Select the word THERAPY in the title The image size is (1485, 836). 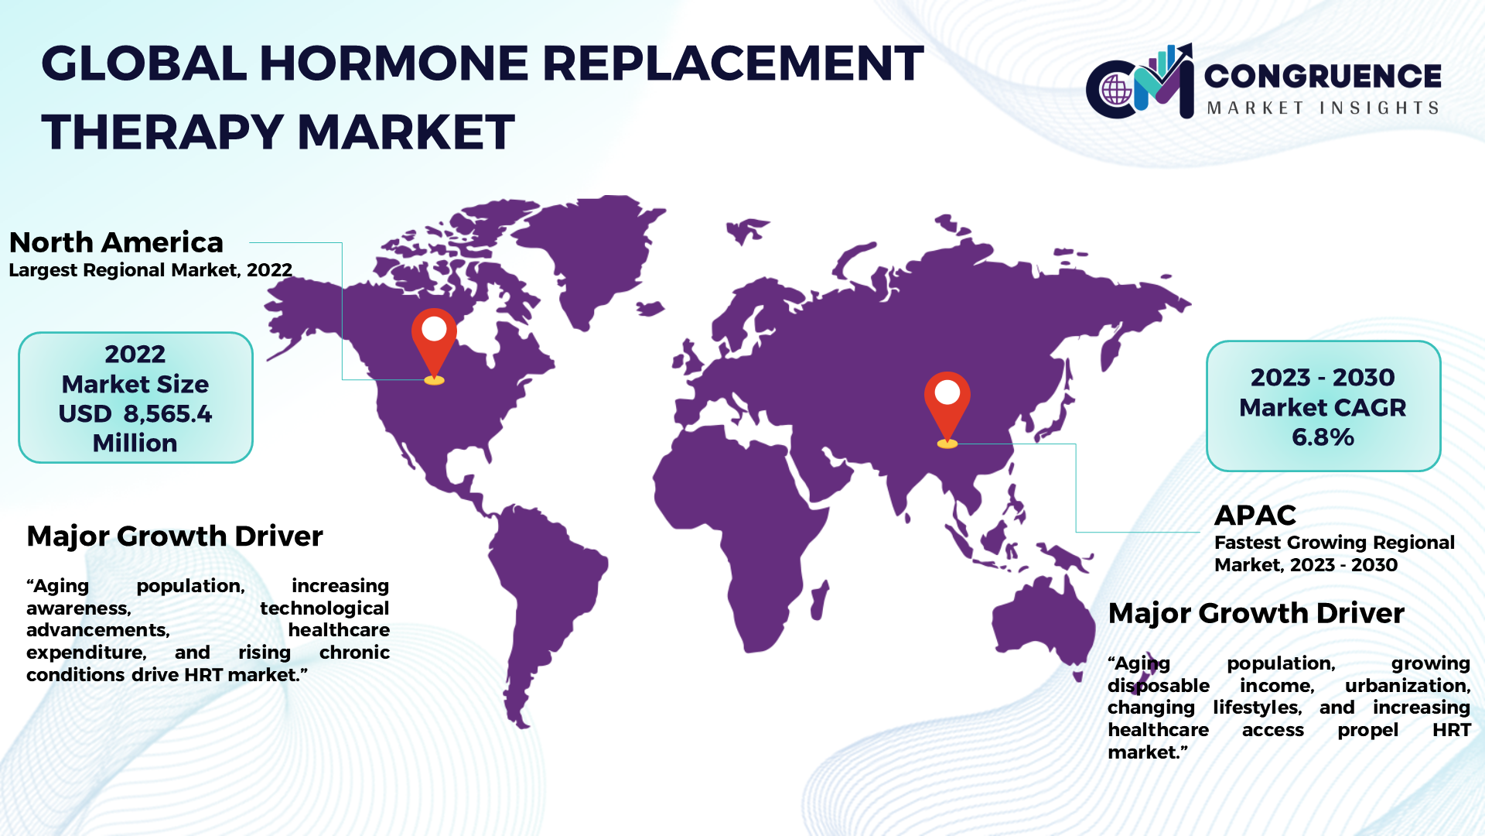click(x=162, y=132)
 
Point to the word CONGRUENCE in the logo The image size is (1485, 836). click(x=1323, y=76)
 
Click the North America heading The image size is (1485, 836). click(x=116, y=242)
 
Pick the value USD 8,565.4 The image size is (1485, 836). click(x=135, y=413)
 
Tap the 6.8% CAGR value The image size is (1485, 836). click(x=1323, y=437)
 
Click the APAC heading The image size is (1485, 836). click(x=1255, y=515)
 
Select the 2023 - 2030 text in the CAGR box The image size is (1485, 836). click(x=1323, y=377)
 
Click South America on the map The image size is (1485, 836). click(x=541, y=596)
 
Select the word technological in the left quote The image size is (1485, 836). click(x=325, y=608)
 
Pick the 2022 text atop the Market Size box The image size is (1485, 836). click(x=135, y=354)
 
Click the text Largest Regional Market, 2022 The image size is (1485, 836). click(x=151, y=270)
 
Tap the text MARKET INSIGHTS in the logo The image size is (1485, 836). click(x=1323, y=108)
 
